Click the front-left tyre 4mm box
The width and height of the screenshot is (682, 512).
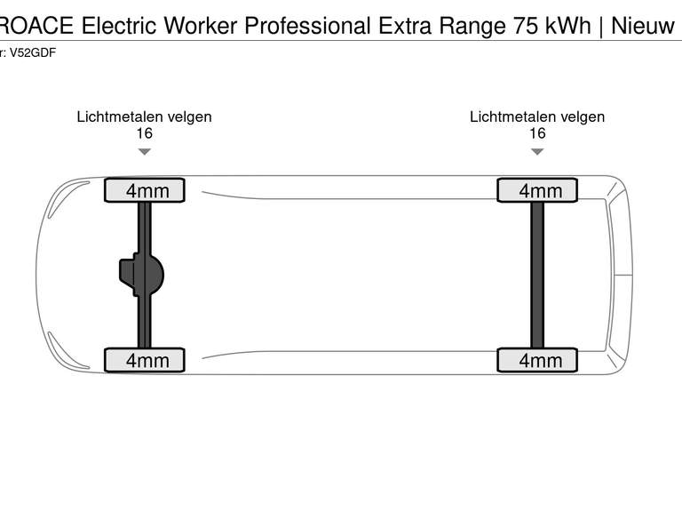pos(145,190)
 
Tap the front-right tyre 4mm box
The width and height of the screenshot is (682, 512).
pos(145,359)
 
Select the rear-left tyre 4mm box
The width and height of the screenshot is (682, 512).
pos(537,190)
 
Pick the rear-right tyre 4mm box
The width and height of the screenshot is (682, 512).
pos(537,359)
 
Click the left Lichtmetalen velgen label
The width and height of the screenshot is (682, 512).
pos(144,116)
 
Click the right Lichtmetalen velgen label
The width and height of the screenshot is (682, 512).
pos(537,116)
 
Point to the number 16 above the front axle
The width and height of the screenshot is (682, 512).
pos(144,133)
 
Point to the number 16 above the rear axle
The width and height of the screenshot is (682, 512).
pos(537,133)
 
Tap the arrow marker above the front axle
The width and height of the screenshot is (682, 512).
pos(144,152)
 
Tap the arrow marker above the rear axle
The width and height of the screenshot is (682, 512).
pos(537,152)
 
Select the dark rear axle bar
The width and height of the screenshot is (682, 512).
pos(537,275)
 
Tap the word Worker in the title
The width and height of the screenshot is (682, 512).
pos(203,26)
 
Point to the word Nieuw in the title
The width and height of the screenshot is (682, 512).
pos(643,26)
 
